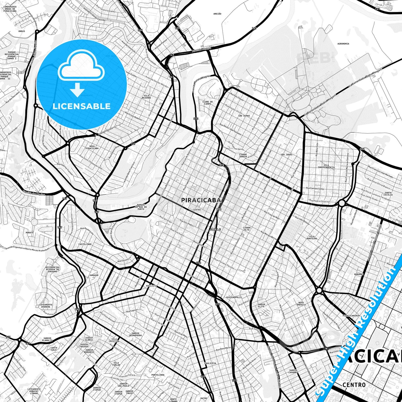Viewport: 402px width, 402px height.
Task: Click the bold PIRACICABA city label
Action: [x=201, y=200]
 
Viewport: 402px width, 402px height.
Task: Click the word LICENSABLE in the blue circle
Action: [x=82, y=106]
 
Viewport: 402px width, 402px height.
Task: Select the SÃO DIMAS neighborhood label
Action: [x=244, y=115]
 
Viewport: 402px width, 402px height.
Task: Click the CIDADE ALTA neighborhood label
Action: [x=246, y=229]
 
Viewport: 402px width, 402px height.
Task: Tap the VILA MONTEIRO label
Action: [x=312, y=237]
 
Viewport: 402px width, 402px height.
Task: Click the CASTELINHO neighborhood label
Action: [x=85, y=244]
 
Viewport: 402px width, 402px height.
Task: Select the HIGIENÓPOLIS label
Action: [x=234, y=297]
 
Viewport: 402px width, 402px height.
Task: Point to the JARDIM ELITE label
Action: [x=261, y=305]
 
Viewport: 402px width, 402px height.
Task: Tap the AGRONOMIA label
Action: [x=343, y=44]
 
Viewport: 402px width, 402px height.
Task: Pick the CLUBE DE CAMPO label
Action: [x=208, y=103]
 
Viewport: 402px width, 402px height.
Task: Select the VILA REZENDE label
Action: [x=146, y=97]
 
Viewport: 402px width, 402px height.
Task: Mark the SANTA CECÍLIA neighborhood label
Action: [x=388, y=194]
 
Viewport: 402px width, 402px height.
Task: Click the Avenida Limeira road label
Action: [x=201, y=50]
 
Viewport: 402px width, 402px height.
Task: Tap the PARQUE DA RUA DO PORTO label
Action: [x=141, y=206]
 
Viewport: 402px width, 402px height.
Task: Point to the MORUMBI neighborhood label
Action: [x=359, y=274]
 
